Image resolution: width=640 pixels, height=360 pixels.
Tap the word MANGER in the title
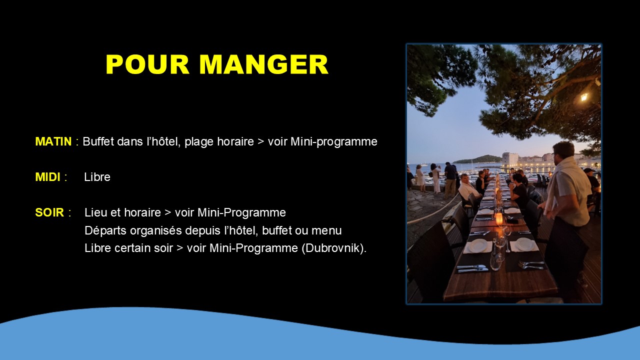263,64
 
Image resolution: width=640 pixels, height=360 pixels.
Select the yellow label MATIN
53,141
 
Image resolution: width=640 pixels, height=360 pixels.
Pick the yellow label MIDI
47,177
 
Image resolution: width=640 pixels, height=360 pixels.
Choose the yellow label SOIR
49,212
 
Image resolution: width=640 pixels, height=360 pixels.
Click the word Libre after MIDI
97,177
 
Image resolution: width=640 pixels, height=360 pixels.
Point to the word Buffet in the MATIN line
98,141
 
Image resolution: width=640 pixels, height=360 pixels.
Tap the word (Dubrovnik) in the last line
332,248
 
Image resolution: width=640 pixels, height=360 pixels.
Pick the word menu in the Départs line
326,231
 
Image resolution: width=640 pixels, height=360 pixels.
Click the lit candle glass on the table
499,219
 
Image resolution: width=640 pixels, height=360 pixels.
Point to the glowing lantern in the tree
584,97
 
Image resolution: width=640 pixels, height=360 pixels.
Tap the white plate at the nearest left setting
479,245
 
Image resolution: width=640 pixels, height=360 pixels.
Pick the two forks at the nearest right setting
531,264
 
